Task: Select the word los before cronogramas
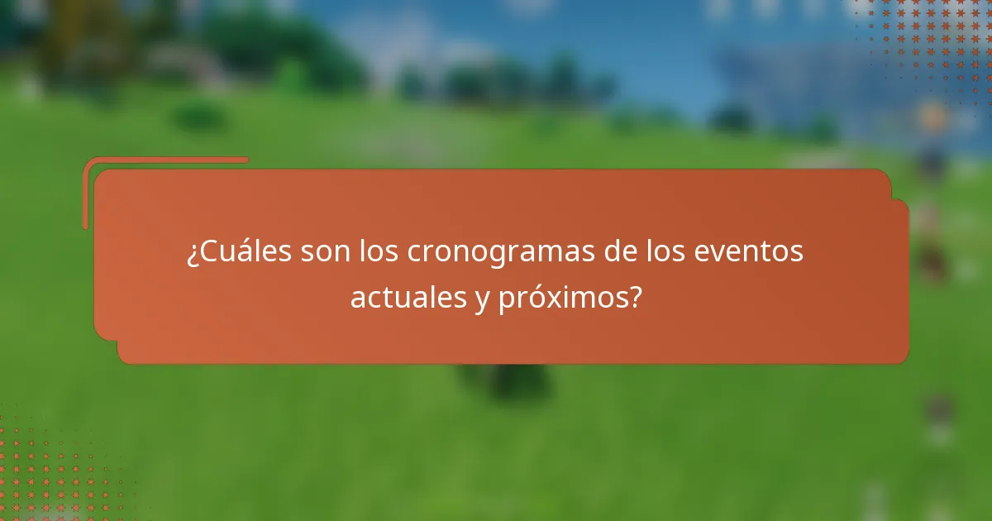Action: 379,251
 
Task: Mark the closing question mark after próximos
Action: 634,297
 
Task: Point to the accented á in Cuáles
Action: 247,250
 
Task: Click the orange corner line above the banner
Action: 165,160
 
